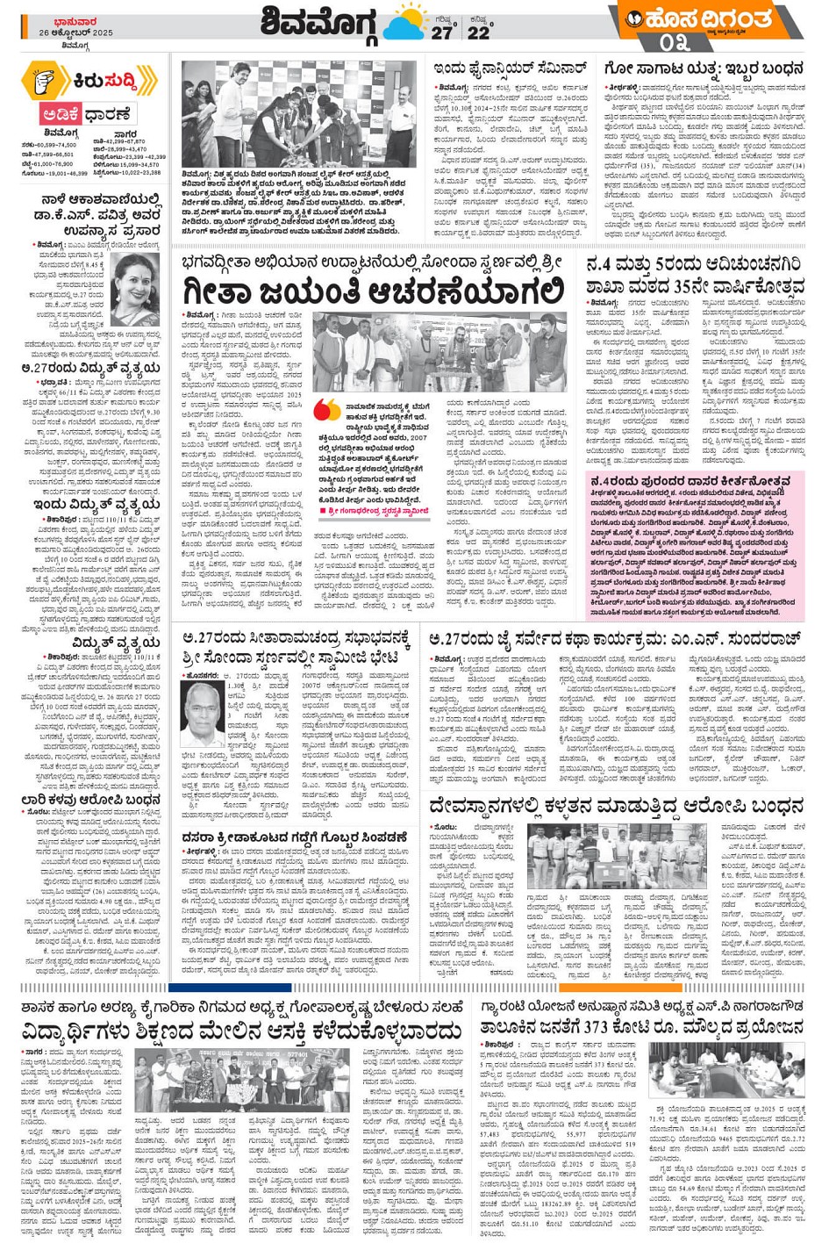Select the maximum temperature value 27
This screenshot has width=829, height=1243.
pos(441,32)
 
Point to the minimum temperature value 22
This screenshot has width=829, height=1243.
pos(478,32)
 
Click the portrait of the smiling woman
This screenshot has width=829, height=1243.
pos(137,290)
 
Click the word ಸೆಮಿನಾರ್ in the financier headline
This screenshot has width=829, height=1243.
pos(552,68)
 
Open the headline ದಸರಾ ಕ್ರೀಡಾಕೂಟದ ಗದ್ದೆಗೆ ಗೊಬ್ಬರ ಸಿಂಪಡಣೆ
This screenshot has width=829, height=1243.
pos(295,837)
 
